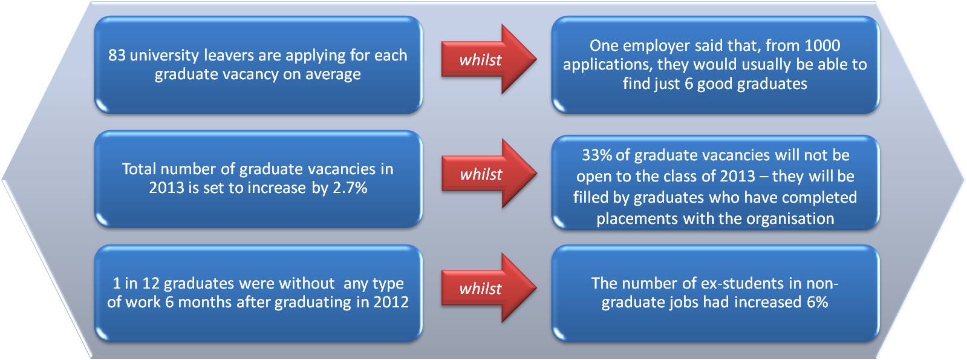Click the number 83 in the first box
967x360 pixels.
117,56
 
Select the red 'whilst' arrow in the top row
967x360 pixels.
489,59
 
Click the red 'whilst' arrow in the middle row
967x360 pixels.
489,174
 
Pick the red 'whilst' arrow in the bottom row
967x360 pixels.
489,288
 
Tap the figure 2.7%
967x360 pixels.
350,188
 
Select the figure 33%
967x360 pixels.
597,155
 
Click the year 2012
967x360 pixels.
391,302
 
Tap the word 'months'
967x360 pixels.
205,302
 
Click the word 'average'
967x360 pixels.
333,75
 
